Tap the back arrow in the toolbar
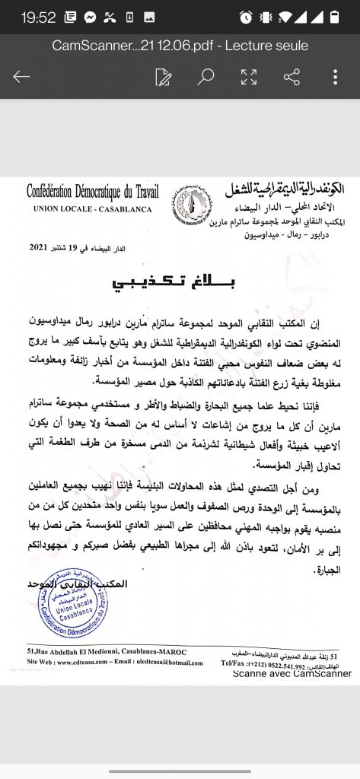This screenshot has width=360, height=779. [21, 76]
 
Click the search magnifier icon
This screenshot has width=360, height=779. [205, 76]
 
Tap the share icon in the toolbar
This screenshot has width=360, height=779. [291, 76]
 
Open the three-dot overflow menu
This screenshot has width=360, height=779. [335, 76]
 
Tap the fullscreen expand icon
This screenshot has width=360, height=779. [248, 76]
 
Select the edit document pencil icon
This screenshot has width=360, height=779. [163, 76]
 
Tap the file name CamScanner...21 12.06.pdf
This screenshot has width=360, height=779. [180, 46]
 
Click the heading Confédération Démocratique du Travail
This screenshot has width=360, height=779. [89, 192]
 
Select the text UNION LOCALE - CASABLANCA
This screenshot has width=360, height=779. [89, 208]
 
